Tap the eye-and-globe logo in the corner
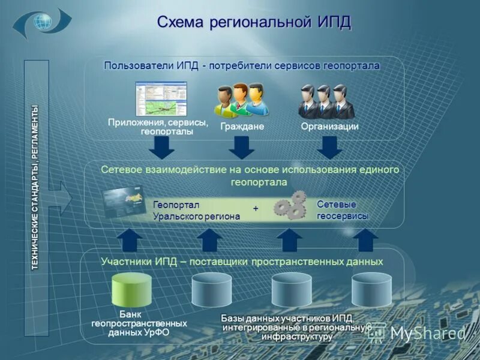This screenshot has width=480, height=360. (42, 23)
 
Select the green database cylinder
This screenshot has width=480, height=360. (132, 290)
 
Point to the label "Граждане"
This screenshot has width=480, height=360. (242, 127)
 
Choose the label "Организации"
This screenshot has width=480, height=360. (329, 127)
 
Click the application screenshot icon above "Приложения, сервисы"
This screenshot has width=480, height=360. (161, 99)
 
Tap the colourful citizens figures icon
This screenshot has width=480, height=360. (242, 100)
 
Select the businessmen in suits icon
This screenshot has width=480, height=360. (326, 100)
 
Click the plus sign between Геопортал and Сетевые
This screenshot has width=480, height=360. (256, 208)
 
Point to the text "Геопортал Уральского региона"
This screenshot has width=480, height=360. (196, 211)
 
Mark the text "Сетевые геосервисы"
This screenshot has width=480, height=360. (342, 210)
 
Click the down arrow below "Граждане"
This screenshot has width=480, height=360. (242, 146)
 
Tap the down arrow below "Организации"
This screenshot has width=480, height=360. (329, 146)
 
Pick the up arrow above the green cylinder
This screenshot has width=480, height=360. (129, 240)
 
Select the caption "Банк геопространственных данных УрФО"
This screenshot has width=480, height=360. (139, 323)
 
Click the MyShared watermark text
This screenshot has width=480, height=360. (427, 333)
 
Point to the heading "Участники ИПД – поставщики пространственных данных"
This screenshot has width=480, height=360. (242, 262)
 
